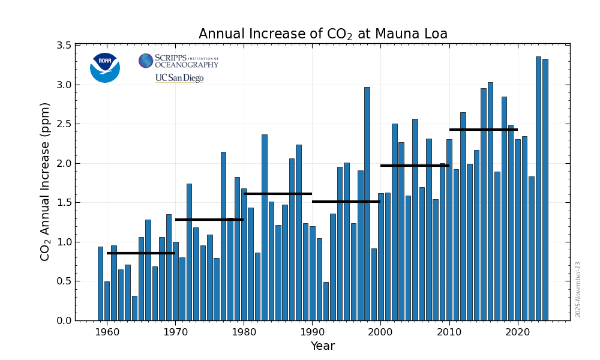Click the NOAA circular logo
105,67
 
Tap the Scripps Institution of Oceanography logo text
186,61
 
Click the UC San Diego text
179,78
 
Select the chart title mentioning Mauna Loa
323,34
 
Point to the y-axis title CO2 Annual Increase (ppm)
45,181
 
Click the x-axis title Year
322,346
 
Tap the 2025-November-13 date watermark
578,289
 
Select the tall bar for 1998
367,204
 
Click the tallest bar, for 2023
538,188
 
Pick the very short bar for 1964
134,308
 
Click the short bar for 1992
326,301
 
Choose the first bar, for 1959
100,284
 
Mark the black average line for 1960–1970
141,253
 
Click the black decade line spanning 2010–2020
484,130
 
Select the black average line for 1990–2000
346,202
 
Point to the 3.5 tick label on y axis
64,46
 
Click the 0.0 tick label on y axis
64,321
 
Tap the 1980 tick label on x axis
244,332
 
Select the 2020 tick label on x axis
517,332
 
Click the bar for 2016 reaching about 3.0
490,202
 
